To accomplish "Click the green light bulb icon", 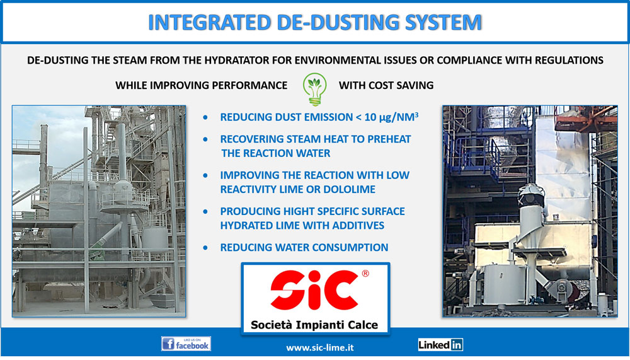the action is tap(314, 89).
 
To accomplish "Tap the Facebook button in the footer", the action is tap(186, 344).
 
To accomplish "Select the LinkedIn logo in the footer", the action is tap(440, 345).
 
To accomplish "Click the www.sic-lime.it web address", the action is tap(320, 347).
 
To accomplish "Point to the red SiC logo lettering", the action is tap(314, 289).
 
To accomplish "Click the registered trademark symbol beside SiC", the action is tap(365, 274).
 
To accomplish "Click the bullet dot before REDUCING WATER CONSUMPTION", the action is tap(206, 248).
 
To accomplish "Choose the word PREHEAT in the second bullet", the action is tap(389, 139).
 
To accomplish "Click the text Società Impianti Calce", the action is tap(314, 325).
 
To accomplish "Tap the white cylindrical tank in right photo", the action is tap(498, 284).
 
